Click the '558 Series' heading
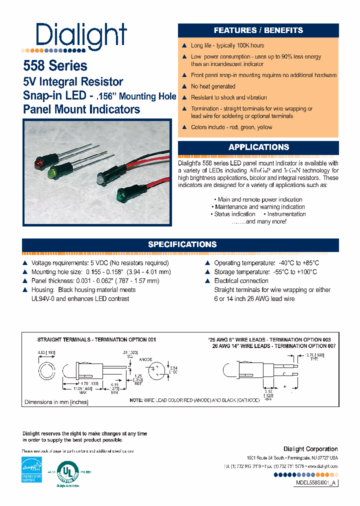pos(55,66)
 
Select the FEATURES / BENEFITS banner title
pos(258,30)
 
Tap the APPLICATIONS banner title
pos(258,147)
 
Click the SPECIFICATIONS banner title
pos(182,244)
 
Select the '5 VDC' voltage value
pos(99,263)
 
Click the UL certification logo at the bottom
pos(70,472)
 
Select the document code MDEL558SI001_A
pos(314,483)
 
